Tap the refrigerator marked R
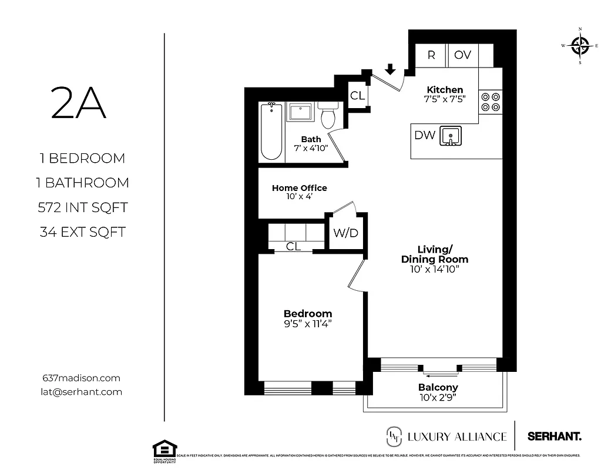coord(431,55)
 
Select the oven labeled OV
coord(463,55)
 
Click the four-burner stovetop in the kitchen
coord(491,102)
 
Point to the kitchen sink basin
coord(451,136)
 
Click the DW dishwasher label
coord(425,135)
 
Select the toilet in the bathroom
coord(328,116)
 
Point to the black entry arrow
coord(389,70)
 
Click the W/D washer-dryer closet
coord(345,233)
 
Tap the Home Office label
coord(299,188)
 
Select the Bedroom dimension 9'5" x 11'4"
coord(308,324)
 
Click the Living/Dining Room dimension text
coord(434,270)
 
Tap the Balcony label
coord(438,388)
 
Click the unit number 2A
coord(79,103)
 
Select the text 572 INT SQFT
coord(82,207)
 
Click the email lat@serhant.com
coord(82,392)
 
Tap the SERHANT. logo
coord(555,437)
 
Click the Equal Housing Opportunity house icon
coord(165,449)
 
